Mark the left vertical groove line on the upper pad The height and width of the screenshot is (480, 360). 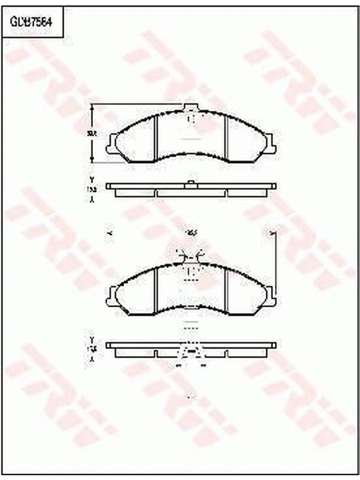[155, 137]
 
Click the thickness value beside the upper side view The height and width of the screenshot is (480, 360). [92, 189]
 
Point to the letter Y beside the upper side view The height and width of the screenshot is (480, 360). [92, 179]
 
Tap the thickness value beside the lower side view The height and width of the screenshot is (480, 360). [92, 349]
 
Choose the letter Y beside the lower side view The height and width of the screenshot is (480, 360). [92, 339]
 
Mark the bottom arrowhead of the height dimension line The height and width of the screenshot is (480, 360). [92, 160]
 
